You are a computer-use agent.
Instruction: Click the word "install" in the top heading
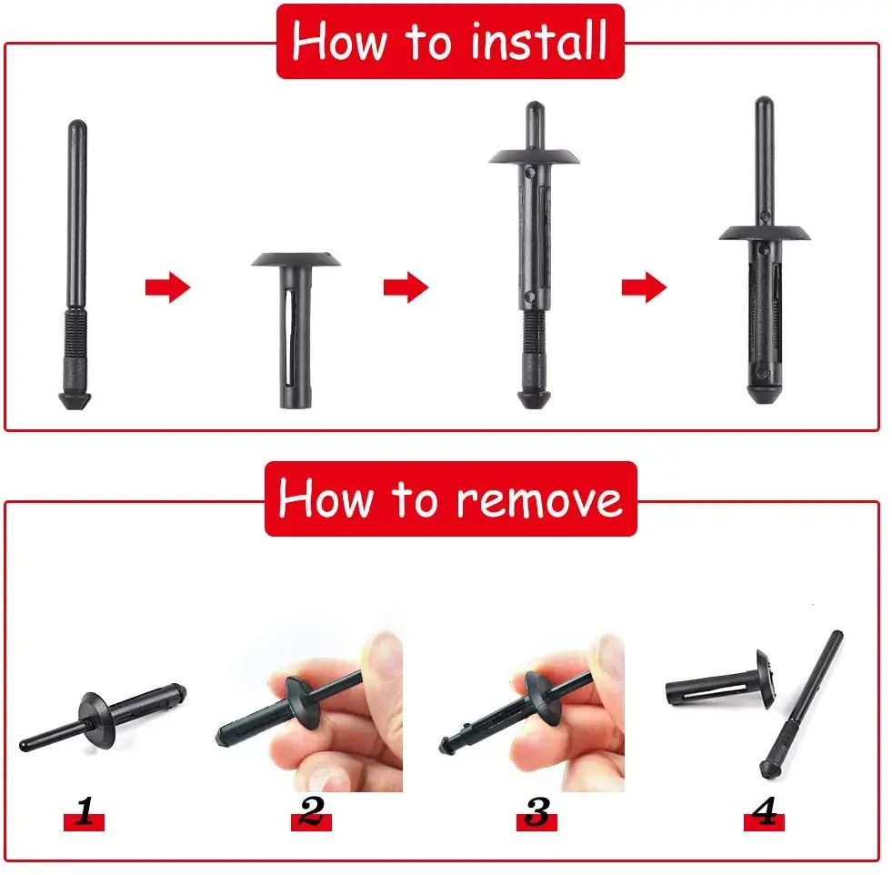coord(538,41)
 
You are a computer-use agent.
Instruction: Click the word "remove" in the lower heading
coord(540,499)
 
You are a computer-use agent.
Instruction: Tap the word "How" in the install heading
coord(340,41)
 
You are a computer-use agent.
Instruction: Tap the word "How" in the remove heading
coord(326,498)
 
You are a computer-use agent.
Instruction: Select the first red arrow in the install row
coord(168,287)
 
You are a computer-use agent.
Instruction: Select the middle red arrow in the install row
coord(406,287)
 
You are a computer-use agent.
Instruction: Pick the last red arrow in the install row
coord(644,287)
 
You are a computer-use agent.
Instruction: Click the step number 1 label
coord(85,812)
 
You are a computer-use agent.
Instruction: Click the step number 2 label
coord(311,812)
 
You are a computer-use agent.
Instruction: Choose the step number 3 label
coord(537,812)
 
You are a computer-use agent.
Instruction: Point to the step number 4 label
coord(764,812)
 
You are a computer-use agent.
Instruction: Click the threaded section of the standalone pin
coord(76,333)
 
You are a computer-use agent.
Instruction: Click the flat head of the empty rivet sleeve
coord(296,259)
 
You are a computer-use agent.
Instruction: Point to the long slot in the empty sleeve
coord(290,337)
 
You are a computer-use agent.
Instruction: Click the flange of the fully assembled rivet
coord(765,233)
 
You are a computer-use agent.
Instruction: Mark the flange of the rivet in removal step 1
coord(98,719)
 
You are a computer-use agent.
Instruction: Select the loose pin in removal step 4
coord(801,704)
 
